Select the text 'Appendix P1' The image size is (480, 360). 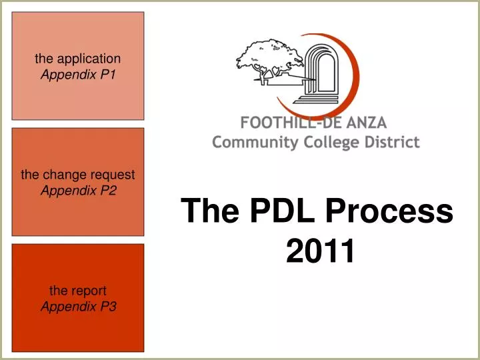pos(78,75)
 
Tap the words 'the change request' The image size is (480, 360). pos(78,175)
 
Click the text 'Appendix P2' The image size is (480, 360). pos(78,191)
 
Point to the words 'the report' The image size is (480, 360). pos(78,291)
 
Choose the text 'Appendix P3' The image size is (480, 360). pos(78,307)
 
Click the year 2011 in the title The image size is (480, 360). pos(319,251)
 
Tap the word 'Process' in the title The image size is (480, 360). pos(389,211)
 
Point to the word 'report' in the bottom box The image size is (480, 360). pos(88,291)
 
